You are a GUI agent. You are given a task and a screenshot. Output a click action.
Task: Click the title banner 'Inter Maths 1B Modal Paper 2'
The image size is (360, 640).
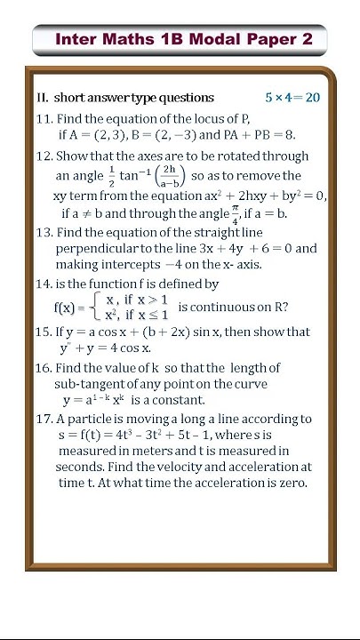(180, 39)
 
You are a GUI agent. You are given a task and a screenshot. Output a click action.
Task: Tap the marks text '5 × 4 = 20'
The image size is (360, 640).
(292, 98)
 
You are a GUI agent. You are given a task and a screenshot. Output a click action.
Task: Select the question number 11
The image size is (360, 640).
(44, 120)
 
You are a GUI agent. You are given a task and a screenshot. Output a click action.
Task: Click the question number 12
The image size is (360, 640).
(44, 156)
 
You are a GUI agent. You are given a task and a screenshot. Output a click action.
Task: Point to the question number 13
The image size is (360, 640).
(44, 232)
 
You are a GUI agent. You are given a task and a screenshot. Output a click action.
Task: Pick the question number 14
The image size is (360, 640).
(44, 284)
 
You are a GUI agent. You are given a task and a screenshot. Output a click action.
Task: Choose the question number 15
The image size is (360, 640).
(44, 332)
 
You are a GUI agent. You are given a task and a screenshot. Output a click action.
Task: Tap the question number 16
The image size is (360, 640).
(44, 368)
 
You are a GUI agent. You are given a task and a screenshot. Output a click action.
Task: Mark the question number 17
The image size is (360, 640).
(44, 419)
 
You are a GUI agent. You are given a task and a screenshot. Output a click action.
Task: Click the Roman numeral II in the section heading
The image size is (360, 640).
(42, 98)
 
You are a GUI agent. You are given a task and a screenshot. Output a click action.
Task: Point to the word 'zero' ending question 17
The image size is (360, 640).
(291, 483)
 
